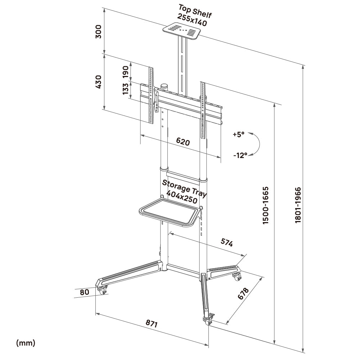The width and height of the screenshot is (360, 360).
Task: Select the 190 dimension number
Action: pyautogui.click(x=126, y=72)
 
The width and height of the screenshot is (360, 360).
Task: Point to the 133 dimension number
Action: pyautogui.click(x=126, y=89)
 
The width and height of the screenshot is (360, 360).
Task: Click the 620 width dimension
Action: pyautogui.click(x=183, y=142)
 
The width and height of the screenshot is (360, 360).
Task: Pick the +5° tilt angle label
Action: pyautogui.click(x=238, y=135)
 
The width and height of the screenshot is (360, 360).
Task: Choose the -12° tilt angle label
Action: pyautogui.click(x=240, y=155)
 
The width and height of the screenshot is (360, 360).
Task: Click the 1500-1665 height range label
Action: pyautogui.click(x=266, y=206)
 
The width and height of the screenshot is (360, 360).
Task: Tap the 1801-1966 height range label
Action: pyautogui.click(x=298, y=205)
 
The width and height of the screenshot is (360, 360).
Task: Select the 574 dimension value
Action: pyautogui.click(x=227, y=243)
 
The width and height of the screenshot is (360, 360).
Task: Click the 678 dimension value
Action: pyautogui.click(x=244, y=293)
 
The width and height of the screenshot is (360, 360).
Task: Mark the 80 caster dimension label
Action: pyautogui.click(x=84, y=292)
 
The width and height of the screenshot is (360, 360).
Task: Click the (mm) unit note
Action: pyautogui.click(x=26, y=343)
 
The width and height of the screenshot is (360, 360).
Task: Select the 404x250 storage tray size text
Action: pyautogui.click(x=184, y=199)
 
